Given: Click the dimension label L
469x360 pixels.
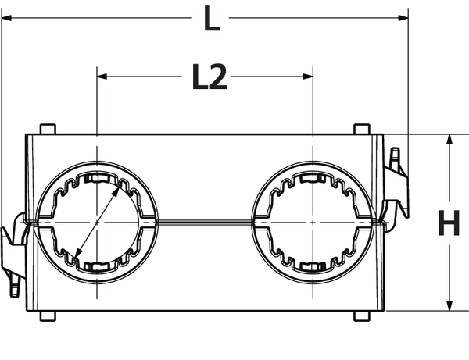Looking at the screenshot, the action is click(212, 19).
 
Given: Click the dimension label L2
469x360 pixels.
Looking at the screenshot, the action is click(209, 77).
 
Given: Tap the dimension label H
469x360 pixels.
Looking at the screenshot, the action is click(449, 223).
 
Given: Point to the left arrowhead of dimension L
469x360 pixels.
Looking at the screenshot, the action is click(6, 18).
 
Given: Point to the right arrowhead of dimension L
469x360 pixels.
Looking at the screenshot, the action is click(403, 18).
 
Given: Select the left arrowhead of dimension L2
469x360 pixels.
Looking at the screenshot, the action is click(102, 77).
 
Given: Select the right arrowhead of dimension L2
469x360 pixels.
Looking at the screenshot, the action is click(308, 77).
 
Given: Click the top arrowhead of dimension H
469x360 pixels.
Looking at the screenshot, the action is click(449, 140).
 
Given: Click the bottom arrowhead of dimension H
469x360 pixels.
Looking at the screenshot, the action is click(449, 305).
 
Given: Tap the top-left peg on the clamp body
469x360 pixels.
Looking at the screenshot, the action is click(48, 129).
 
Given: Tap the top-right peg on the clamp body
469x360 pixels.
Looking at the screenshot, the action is click(362, 129).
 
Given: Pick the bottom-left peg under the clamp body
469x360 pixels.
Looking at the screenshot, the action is click(48, 316).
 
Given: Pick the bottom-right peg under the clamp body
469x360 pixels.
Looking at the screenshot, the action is click(362, 316).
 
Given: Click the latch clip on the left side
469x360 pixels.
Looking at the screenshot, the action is click(13, 254).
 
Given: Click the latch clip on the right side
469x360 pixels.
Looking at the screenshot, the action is click(395, 188).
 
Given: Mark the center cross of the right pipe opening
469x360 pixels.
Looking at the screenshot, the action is click(313, 223).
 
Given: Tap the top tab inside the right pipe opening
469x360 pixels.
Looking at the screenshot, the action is click(313, 178).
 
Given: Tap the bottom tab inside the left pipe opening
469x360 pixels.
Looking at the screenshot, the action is click(96, 266).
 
